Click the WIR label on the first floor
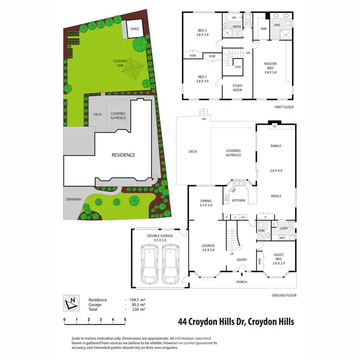pyautogui.click(x=264, y=28)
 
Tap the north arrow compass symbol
pyautogui.click(x=72, y=303)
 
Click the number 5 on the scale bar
pyautogui.click(x=125, y=319)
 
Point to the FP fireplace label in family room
pyautogui.click(x=275, y=127)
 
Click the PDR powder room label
pyautogui.click(x=262, y=230)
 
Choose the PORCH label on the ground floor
pyautogui.click(x=241, y=282)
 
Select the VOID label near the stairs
pyautogui.click(x=238, y=67)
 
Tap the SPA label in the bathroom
pyautogui.click(x=235, y=17)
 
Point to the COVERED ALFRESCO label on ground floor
pyautogui.click(x=233, y=153)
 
